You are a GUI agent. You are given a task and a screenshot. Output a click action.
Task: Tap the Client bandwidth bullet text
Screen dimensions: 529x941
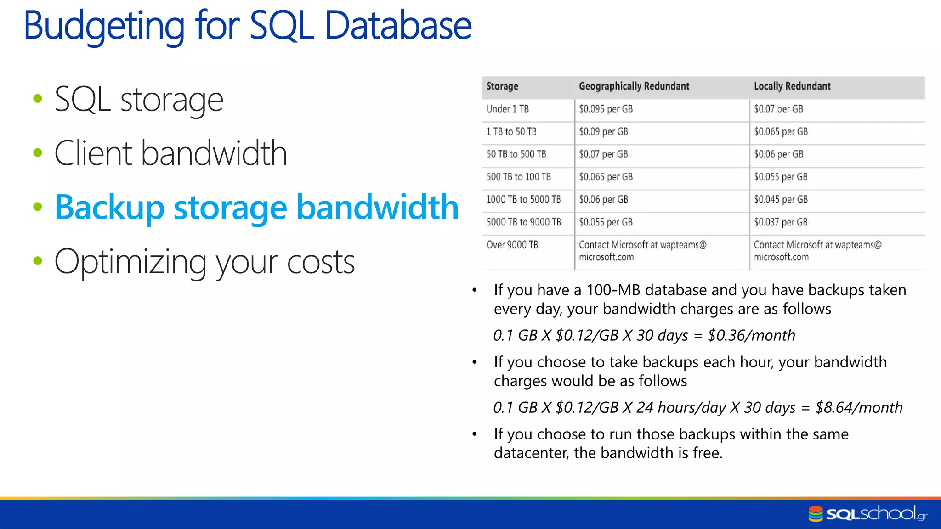coord(170,153)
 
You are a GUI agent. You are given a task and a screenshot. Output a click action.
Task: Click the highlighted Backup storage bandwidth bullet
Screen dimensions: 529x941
coord(256,207)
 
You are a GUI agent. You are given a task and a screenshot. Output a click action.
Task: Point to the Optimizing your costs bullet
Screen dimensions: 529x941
coord(204,261)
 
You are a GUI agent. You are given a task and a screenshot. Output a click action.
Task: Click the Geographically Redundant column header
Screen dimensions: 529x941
coord(634,86)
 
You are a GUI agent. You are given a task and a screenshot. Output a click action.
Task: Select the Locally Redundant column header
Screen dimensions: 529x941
coord(792,86)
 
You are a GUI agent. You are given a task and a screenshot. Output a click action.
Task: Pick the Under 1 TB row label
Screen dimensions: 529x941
coord(507,109)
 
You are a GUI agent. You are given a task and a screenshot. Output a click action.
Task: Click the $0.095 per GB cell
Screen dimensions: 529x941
coord(606,109)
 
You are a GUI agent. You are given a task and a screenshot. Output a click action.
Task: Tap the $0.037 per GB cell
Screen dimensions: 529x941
coord(780,222)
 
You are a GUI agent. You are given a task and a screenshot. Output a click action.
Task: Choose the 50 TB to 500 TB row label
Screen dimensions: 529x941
coord(516,154)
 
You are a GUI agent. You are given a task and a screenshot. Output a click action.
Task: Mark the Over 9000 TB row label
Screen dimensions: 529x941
coord(512,245)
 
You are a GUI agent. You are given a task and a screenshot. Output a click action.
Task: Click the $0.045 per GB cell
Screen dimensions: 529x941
coord(780,199)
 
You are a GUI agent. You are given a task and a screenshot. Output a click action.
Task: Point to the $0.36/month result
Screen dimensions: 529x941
coord(751,336)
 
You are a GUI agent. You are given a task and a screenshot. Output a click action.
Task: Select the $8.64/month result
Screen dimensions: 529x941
coord(858,408)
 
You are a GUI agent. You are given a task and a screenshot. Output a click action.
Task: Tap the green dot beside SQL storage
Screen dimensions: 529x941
coord(38,98)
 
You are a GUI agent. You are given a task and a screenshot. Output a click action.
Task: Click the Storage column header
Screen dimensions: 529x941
coord(502,86)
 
